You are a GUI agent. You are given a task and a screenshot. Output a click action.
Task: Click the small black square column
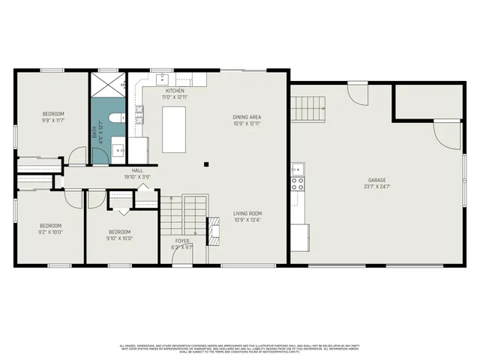(206, 163)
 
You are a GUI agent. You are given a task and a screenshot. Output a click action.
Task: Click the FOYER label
(182, 241)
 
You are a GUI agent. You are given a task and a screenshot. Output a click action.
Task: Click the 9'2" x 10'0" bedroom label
(50, 229)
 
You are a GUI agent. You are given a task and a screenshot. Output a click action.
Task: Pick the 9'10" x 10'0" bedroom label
(120, 235)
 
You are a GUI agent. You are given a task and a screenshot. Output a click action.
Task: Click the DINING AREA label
(247, 120)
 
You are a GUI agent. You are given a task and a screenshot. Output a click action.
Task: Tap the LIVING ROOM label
(247, 217)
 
